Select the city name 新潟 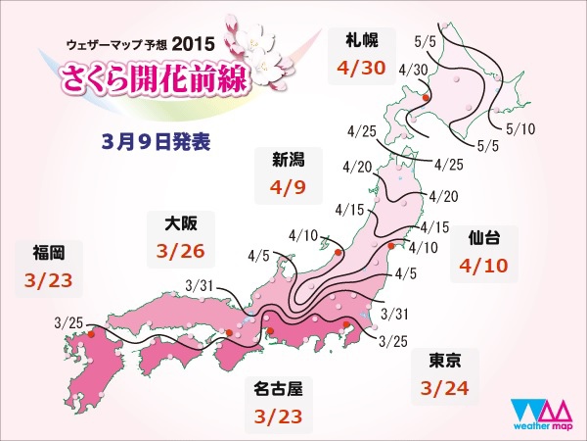[x=273, y=160]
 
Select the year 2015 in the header [x=193, y=45]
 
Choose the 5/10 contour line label [x=521, y=127]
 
